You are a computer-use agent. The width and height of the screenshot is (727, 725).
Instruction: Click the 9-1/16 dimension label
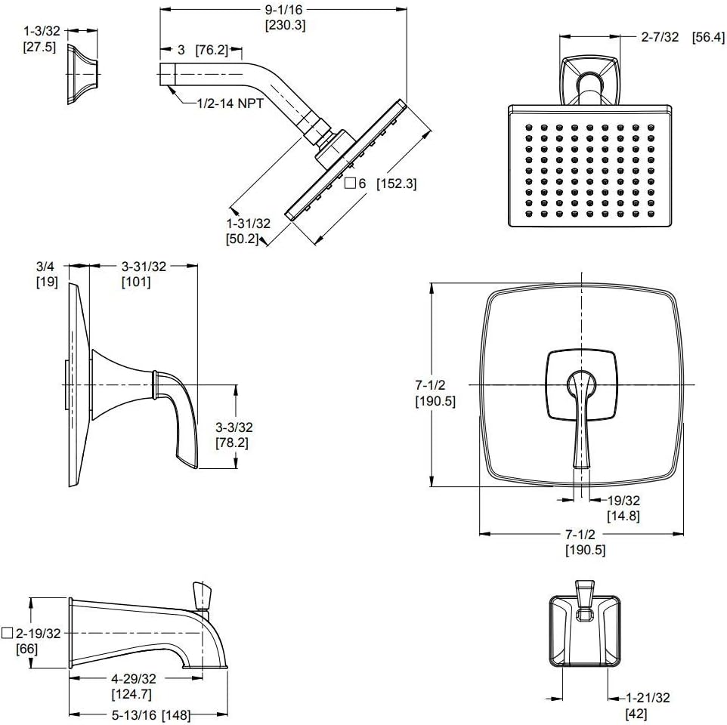tap(284, 9)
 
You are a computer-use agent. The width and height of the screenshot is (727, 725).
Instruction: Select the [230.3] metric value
tap(284, 25)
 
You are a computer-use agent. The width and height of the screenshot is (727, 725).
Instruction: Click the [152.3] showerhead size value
tap(397, 184)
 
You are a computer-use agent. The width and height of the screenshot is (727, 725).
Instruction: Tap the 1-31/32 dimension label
tap(248, 224)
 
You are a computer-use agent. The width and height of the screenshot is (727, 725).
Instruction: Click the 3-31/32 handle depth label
tap(144, 266)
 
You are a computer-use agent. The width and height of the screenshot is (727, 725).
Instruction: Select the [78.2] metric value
tap(231, 443)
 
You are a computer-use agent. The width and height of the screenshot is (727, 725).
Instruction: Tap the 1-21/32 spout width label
tap(647, 698)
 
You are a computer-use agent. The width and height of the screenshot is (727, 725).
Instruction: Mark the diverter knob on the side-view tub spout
tap(201, 594)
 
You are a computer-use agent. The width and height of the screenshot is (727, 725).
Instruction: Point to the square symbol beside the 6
tap(350, 184)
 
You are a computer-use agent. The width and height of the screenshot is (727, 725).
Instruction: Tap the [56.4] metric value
tap(708, 37)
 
